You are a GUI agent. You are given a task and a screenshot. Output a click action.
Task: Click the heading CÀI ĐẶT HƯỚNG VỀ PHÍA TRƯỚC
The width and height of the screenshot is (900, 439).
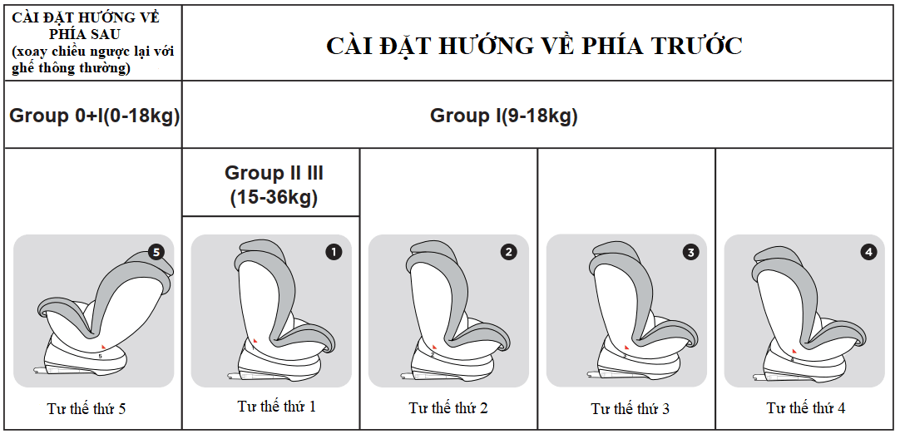[534, 46]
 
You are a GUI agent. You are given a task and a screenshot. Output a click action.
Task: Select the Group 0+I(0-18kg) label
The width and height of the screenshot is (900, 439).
[95, 116]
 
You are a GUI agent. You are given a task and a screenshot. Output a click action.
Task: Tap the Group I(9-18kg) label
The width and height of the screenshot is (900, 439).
[504, 116]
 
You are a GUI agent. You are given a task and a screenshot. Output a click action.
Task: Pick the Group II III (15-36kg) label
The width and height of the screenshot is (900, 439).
[274, 185]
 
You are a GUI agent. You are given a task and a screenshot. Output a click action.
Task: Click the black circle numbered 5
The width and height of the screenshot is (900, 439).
[156, 252]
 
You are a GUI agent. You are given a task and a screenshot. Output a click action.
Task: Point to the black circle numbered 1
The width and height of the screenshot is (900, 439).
[334, 252]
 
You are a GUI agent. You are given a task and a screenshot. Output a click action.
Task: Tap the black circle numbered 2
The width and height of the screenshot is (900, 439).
[509, 252]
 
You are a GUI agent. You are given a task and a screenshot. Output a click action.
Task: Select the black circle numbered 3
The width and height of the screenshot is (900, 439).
[690, 252]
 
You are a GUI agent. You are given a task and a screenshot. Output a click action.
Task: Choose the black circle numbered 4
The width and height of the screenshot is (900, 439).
[868, 252]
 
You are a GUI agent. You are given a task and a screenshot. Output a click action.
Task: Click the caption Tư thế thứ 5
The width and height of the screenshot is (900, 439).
[87, 408]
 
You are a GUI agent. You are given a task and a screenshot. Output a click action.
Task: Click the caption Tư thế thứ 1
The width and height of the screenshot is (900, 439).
[276, 407]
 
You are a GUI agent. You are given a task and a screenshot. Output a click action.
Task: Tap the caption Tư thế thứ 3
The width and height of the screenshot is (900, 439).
[630, 408]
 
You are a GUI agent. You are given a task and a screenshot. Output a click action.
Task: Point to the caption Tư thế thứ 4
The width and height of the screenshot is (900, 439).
[806, 408]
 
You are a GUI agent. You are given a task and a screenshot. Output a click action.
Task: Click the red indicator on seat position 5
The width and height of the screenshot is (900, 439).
[102, 344]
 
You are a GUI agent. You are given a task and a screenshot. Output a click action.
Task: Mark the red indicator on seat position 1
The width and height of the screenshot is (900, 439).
[255, 342]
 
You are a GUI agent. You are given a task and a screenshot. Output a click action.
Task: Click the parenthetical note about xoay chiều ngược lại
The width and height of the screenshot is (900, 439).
[93, 59]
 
